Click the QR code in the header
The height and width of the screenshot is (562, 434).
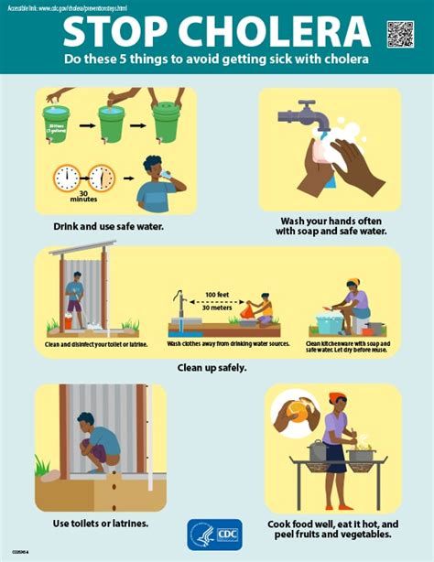400,34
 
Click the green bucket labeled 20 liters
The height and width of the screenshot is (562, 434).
57,124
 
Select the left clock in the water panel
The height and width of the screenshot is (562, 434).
68,178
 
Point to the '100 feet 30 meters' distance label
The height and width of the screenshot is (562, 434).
218,301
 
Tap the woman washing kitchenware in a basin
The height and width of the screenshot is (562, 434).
354,309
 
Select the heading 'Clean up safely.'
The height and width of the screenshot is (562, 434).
217,368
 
